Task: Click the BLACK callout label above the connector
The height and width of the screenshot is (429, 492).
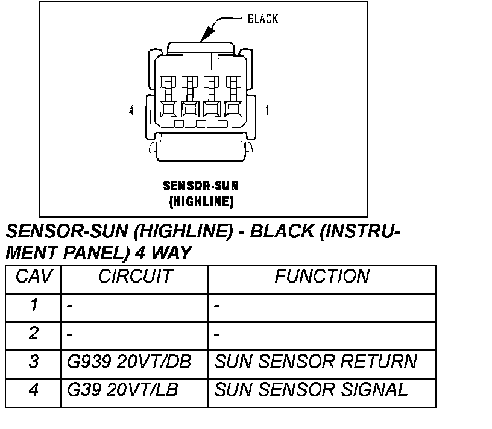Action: click(263, 19)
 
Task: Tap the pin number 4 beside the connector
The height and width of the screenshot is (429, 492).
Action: click(131, 110)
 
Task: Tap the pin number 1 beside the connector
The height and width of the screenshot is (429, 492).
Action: click(266, 110)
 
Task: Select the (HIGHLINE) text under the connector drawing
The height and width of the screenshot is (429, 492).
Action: click(201, 202)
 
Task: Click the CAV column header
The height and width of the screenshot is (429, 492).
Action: click(34, 277)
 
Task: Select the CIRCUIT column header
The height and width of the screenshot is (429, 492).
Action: click(135, 277)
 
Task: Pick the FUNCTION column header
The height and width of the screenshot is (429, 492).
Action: click(322, 277)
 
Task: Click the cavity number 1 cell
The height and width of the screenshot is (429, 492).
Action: click(34, 305)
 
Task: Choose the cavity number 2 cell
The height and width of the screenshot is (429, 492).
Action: click(34, 333)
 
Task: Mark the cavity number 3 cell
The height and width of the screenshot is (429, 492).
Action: click(34, 362)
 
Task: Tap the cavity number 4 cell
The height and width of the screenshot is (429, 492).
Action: click(34, 390)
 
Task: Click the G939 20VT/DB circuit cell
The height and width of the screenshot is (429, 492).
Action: click(129, 362)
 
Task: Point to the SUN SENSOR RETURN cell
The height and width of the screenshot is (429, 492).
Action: click(315, 362)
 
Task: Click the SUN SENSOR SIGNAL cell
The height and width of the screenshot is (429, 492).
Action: click(311, 390)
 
